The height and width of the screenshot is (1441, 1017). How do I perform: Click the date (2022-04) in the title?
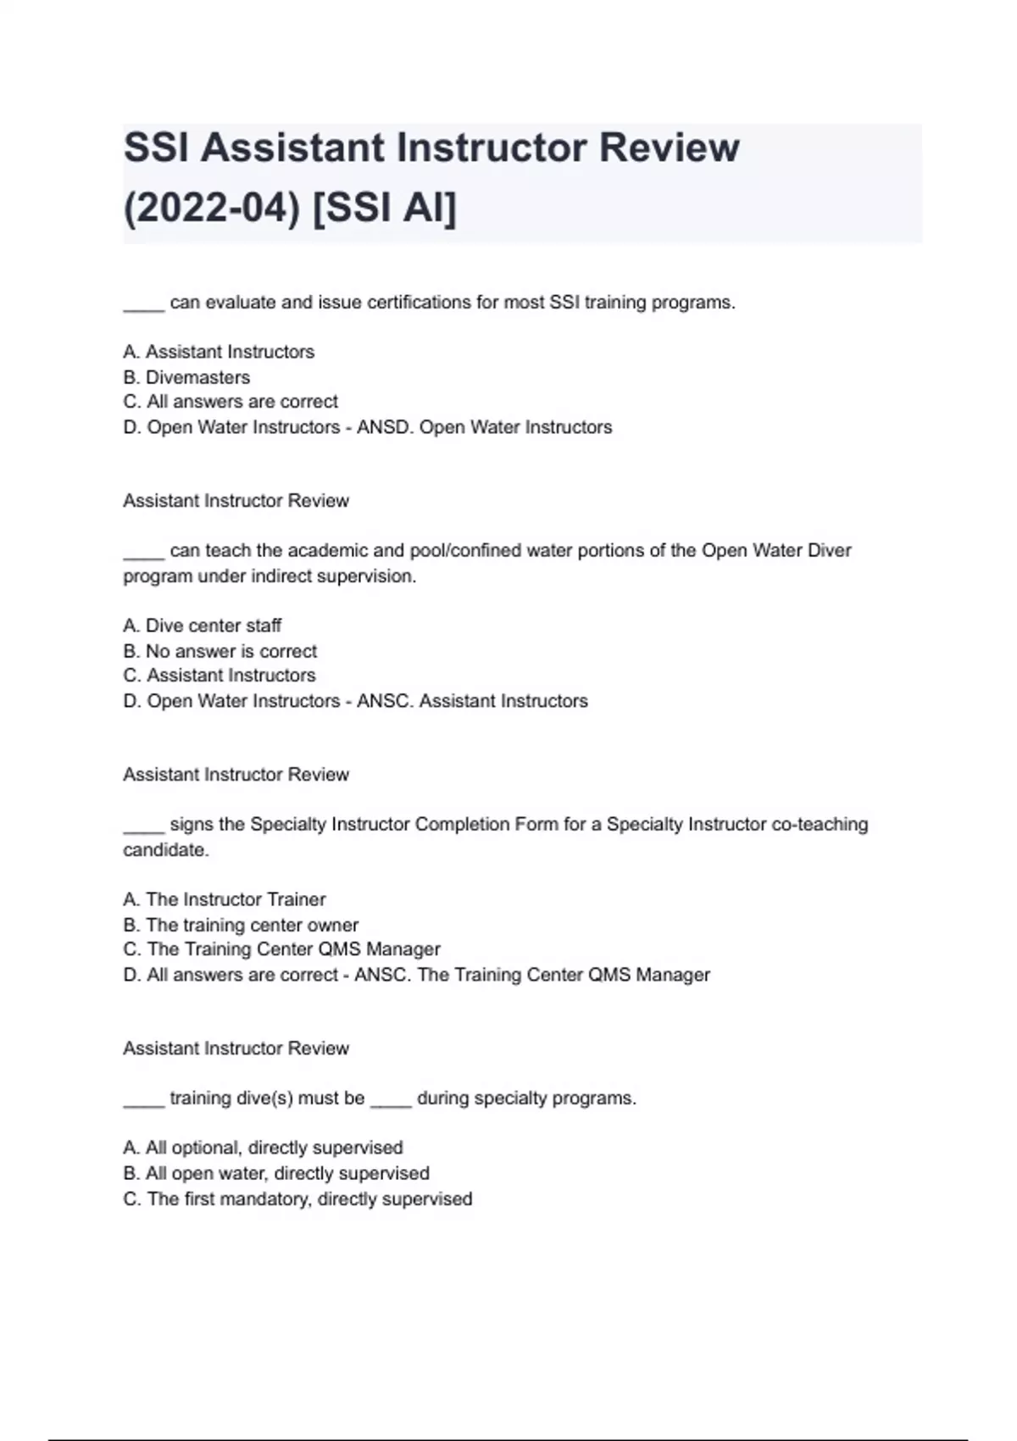point(211,208)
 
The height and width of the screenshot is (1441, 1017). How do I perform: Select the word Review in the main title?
point(670,147)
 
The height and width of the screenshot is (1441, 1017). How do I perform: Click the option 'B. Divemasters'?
point(186,377)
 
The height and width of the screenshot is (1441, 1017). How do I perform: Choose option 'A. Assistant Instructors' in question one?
point(219,352)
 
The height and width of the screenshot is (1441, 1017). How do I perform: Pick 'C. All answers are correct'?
point(231,402)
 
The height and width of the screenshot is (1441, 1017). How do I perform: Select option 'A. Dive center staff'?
point(202,626)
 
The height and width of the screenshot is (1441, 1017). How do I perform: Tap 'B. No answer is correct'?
point(220,651)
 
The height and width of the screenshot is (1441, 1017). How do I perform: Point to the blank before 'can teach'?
point(143,555)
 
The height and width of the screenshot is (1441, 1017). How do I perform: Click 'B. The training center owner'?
point(241,925)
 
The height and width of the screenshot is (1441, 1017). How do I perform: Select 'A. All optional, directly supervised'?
point(263,1148)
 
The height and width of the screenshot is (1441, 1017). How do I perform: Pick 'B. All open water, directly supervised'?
point(276,1173)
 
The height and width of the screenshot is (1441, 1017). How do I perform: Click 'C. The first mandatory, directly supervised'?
point(297,1199)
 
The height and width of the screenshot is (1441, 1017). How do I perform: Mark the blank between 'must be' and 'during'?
point(391,1103)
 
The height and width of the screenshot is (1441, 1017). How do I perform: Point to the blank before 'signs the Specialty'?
point(143,829)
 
